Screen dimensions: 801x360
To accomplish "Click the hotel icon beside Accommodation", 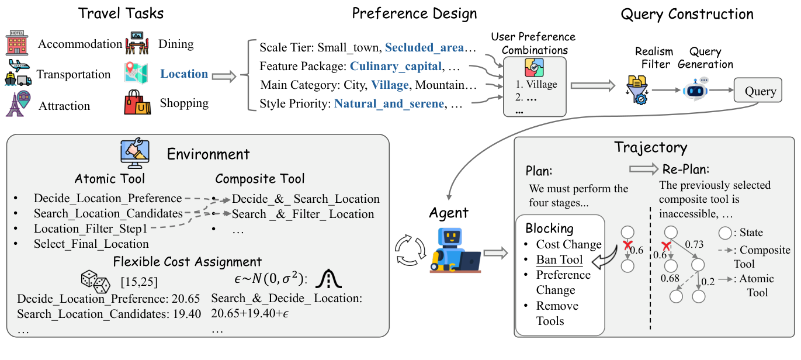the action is click(x=17, y=43).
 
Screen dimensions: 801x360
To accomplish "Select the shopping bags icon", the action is click(x=137, y=102).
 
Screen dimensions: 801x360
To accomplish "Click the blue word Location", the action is click(x=184, y=74).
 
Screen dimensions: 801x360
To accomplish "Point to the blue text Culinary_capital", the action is click(x=396, y=66).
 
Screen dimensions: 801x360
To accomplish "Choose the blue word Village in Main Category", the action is click(x=390, y=85).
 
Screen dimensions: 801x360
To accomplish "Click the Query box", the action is click(x=758, y=90).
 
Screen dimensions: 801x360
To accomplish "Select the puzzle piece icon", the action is click(x=534, y=68).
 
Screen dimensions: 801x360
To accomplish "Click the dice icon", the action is click(x=95, y=282).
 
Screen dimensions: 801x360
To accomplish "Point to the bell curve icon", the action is click(x=328, y=279).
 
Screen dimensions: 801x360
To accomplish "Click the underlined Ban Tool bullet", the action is click(x=559, y=259).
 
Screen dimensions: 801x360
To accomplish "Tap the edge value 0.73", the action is click(x=694, y=244).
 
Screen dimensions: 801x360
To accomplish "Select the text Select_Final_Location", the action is click(x=91, y=244).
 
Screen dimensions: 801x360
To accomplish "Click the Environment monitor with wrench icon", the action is click(x=135, y=154).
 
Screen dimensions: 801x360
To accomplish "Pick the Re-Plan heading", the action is click(x=686, y=169).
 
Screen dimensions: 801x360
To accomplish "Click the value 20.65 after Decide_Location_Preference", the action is click(x=186, y=299).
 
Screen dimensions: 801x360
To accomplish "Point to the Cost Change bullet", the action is click(x=568, y=244).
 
